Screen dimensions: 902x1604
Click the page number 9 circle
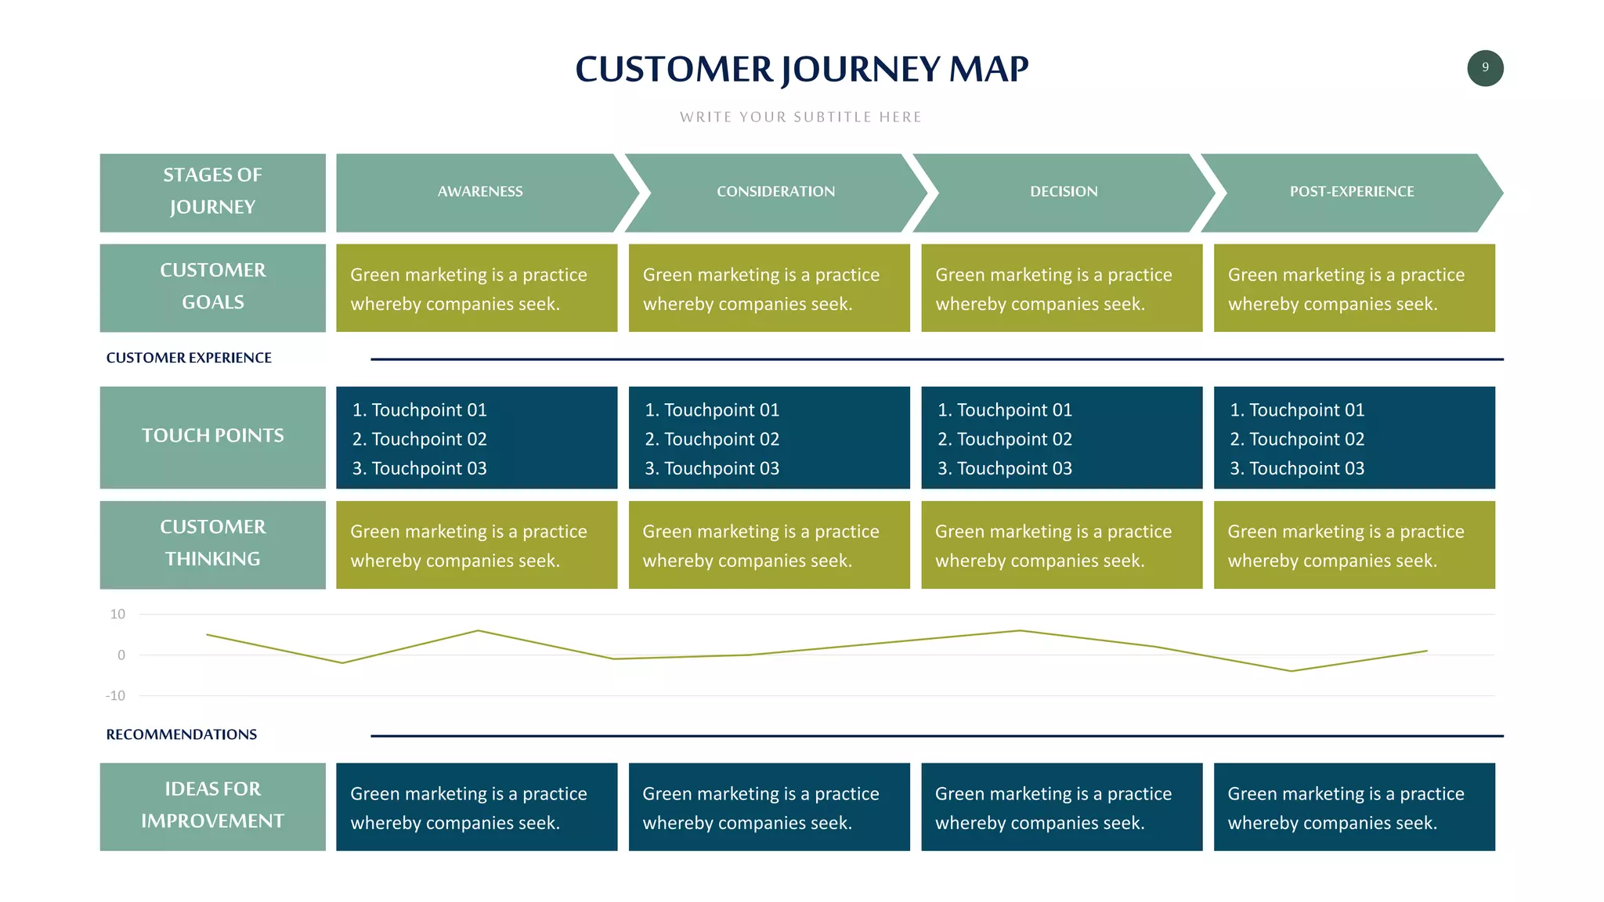tap(1484, 68)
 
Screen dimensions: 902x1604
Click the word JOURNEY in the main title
tap(861, 70)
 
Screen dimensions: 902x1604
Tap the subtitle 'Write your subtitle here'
tap(800, 117)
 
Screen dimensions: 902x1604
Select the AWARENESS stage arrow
tap(480, 192)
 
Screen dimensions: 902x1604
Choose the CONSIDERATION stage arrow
tap(775, 192)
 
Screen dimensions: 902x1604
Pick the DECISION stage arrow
tap(1064, 192)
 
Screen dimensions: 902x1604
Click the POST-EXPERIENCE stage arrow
tap(1352, 192)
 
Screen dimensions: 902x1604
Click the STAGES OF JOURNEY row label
tap(212, 192)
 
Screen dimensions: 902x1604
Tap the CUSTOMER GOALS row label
tap(212, 287)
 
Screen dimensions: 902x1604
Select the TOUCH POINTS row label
tap(212, 436)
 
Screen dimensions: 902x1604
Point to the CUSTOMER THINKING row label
tap(212, 543)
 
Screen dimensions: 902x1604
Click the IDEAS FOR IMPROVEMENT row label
tap(212, 806)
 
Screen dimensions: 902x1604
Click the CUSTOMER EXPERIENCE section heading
tap(189, 358)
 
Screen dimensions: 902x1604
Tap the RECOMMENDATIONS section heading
tap(181, 734)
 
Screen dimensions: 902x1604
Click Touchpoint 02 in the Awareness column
tap(420, 439)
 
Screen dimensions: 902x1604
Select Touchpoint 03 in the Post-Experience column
tap(1297, 468)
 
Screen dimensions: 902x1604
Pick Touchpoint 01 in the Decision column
tap(1005, 410)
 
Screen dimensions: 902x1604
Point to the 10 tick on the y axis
tap(117, 615)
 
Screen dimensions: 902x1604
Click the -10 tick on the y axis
tap(115, 696)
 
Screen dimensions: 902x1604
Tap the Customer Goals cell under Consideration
tap(768, 288)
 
